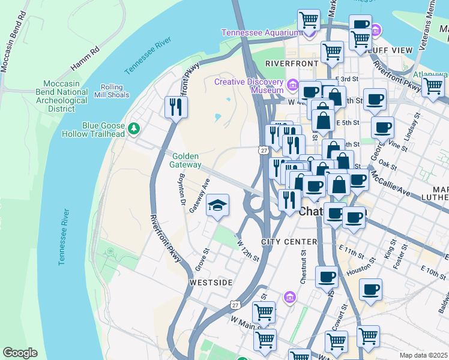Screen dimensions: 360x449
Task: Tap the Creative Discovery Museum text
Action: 249,86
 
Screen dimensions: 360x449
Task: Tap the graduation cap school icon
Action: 217,206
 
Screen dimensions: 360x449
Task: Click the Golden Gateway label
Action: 186,160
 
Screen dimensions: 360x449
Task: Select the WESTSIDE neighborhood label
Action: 211,282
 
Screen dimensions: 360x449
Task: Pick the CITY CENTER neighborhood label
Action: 289,242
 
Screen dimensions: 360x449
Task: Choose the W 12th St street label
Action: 247,251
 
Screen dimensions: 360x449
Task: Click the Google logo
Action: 20,353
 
